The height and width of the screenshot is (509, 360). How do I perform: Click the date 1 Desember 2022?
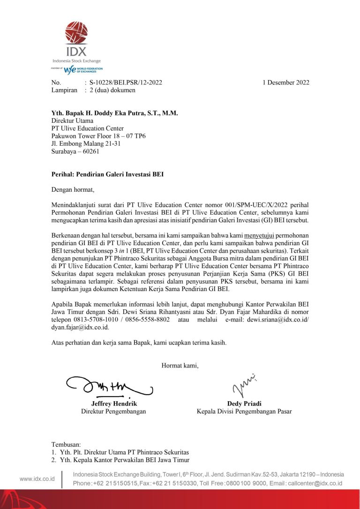click(x=285, y=82)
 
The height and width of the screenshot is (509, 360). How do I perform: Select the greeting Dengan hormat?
click(x=73, y=190)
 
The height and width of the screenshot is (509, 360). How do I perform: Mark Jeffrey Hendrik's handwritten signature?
click(x=110, y=387)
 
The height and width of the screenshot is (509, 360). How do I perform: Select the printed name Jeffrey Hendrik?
click(x=113, y=404)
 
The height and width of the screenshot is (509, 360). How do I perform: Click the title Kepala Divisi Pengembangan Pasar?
click(x=244, y=412)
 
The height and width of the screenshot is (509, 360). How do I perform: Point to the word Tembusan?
click(x=66, y=444)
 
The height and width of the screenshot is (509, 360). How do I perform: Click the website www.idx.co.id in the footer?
click(x=37, y=479)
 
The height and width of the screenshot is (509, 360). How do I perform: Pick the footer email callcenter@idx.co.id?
click(x=315, y=483)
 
